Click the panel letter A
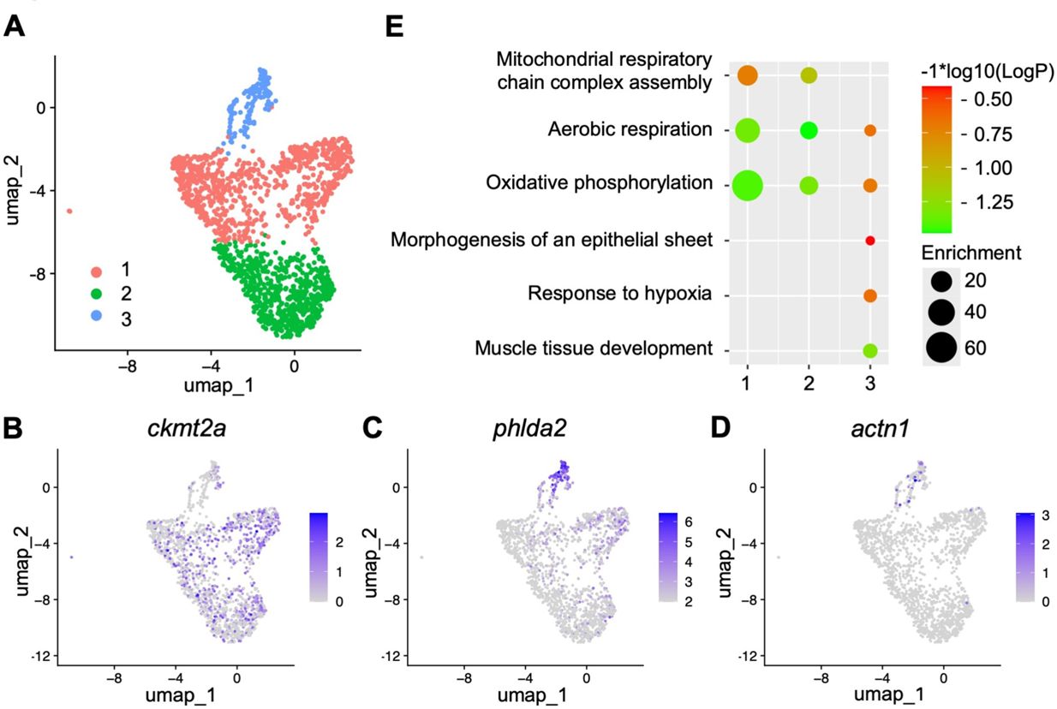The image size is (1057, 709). [15, 27]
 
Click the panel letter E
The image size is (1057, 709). [395, 27]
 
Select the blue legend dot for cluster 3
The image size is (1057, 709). [97, 316]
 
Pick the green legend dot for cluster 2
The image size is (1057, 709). [97, 294]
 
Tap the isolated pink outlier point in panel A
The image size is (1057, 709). [69, 211]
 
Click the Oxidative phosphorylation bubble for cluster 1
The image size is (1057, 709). [748, 186]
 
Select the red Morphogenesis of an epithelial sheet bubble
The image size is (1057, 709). [870, 241]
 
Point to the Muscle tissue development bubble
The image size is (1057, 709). [870, 350]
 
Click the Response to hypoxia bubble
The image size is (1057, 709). [870, 295]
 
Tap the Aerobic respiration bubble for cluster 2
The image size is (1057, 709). [809, 130]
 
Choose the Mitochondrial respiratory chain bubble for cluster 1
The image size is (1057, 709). [748, 75]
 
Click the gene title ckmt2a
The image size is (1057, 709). [187, 428]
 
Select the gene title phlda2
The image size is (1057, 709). [529, 428]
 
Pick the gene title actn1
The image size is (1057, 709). [881, 429]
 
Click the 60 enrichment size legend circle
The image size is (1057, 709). [941, 348]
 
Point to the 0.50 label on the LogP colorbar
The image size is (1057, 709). [993, 99]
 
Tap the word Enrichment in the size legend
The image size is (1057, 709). [971, 253]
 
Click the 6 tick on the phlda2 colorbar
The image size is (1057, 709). [689, 521]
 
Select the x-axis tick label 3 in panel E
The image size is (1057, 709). [870, 383]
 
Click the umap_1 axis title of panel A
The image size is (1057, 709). [219, 385]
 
